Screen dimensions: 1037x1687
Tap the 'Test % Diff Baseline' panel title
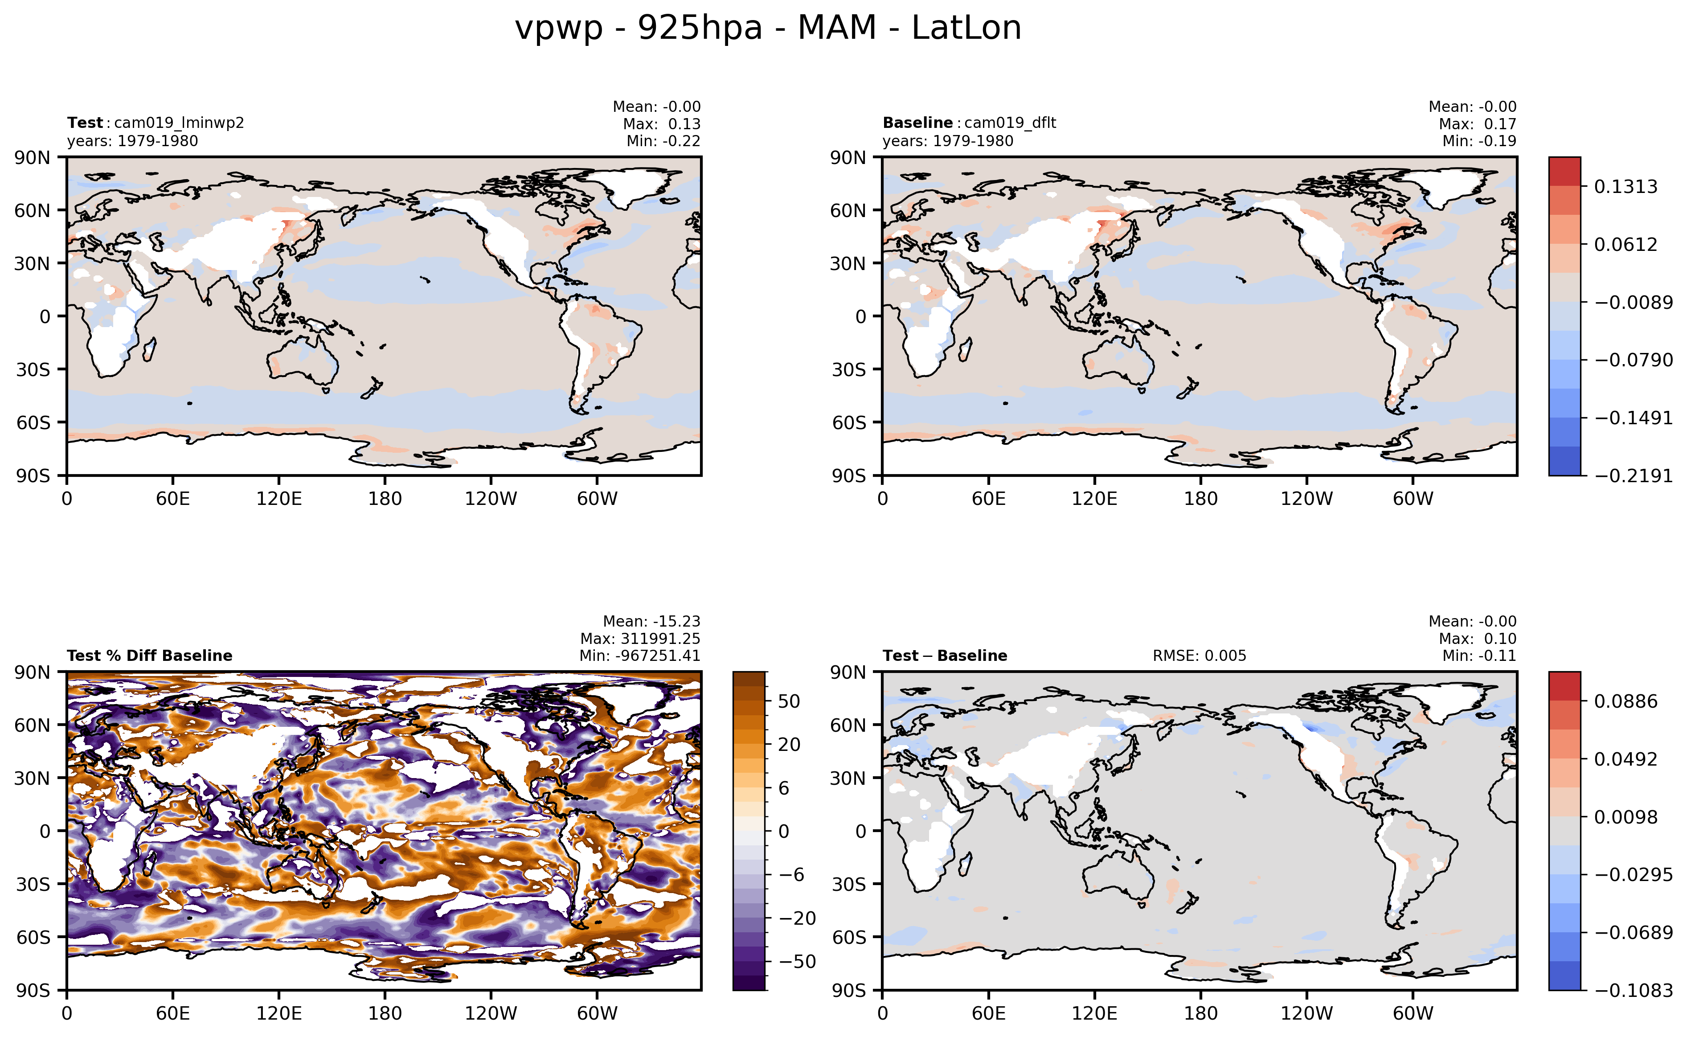pos(150,656)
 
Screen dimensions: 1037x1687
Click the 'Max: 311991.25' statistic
pos(640,639)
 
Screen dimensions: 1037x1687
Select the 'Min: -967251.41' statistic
pos(640,656)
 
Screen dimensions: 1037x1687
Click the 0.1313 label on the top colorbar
pos(1625,187)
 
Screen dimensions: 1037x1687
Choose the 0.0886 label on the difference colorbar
pos(1625,701)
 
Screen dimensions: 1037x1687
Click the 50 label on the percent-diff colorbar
pos(789,701)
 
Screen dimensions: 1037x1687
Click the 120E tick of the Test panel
pos(278,499)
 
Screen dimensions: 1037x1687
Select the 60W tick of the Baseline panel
pos(1413,499)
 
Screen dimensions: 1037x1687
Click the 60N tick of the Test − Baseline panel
pos(849,725)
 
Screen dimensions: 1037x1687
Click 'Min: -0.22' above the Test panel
pos(663,141)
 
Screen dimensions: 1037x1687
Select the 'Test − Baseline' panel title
pos(944,656)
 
